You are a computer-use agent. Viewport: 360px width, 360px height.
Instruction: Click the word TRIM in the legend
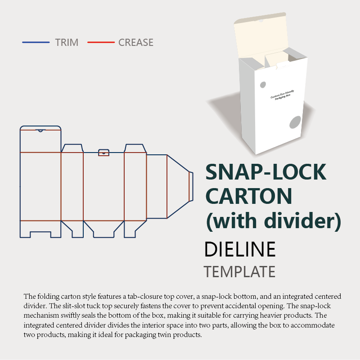click(x=67, y=43)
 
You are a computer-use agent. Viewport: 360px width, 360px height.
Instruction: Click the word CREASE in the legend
click(x=136, y=43)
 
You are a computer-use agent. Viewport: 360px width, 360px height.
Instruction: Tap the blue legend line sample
click(x=36, y=43)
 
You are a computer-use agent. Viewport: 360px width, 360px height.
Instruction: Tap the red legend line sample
click(x=101, y=43)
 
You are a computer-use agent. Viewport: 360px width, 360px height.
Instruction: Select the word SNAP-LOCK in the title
click(x=265, y=173)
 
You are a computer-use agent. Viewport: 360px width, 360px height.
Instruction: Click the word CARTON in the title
click(x=249, y=196)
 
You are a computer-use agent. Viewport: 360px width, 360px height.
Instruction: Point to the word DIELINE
click(x=239, y=249)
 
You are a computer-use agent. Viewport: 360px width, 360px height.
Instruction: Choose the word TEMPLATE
click(x=239, y=272)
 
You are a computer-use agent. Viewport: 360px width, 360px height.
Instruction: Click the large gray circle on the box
click(x=295, y=122)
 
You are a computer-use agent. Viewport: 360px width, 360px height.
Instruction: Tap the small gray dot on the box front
click(x=263, y=84)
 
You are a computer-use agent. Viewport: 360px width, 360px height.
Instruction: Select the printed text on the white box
click(x=283, y=96)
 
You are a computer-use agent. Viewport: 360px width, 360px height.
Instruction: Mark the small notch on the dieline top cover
click(x=40, y=131)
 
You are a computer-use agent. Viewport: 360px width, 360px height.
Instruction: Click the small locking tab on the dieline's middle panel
click(x=104, y=151)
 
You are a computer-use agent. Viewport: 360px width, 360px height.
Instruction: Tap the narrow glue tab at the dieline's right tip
click(x=191, y=186)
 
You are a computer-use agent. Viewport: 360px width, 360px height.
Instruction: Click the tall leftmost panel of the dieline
click(x=40, y=186)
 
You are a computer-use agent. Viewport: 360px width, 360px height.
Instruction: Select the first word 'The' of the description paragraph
click(x=29, y=297)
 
